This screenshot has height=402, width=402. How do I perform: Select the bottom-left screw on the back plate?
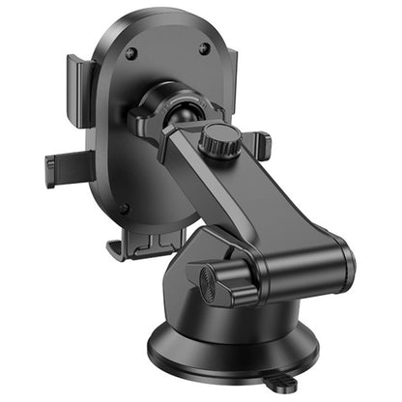[123, 208]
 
